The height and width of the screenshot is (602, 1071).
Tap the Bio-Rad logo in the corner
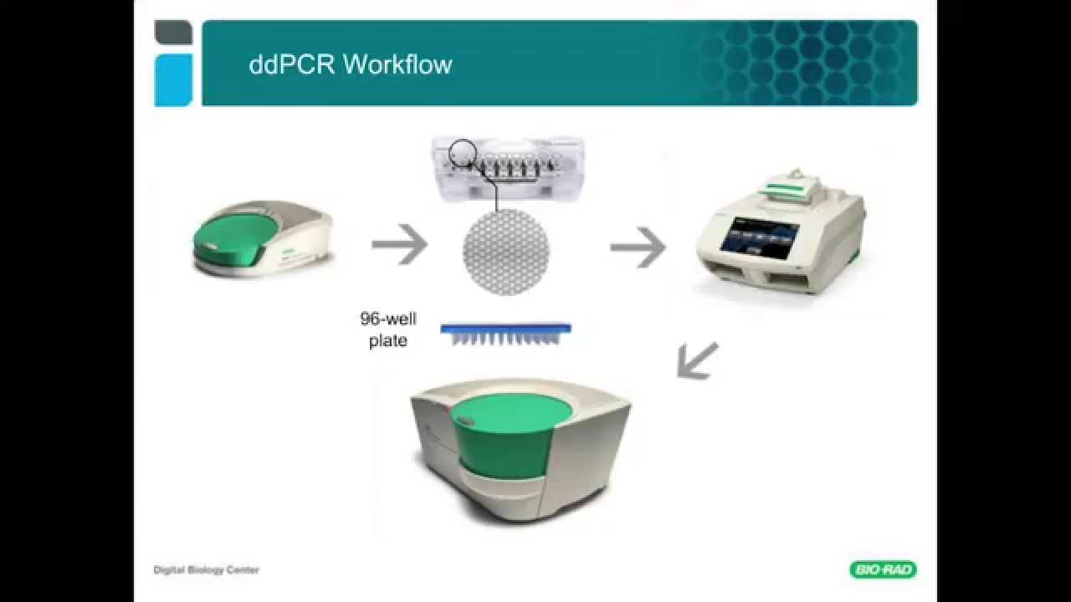tap(883, 570)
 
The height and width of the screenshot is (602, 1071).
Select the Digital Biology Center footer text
tap(206, 570)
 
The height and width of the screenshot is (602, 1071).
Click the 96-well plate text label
tap(388, 329)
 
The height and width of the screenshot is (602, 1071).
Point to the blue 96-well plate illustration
tap(505, 334)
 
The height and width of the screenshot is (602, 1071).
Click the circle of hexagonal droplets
tap(505, 252)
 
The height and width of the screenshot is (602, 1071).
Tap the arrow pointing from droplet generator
tap(399, 245)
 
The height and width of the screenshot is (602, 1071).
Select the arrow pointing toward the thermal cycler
tap(638, 247)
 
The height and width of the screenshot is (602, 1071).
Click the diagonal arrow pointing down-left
tap(697, 360)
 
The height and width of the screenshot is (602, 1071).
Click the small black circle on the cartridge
tap(463, 152)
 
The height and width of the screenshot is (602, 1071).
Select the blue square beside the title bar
tap(173, 80)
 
